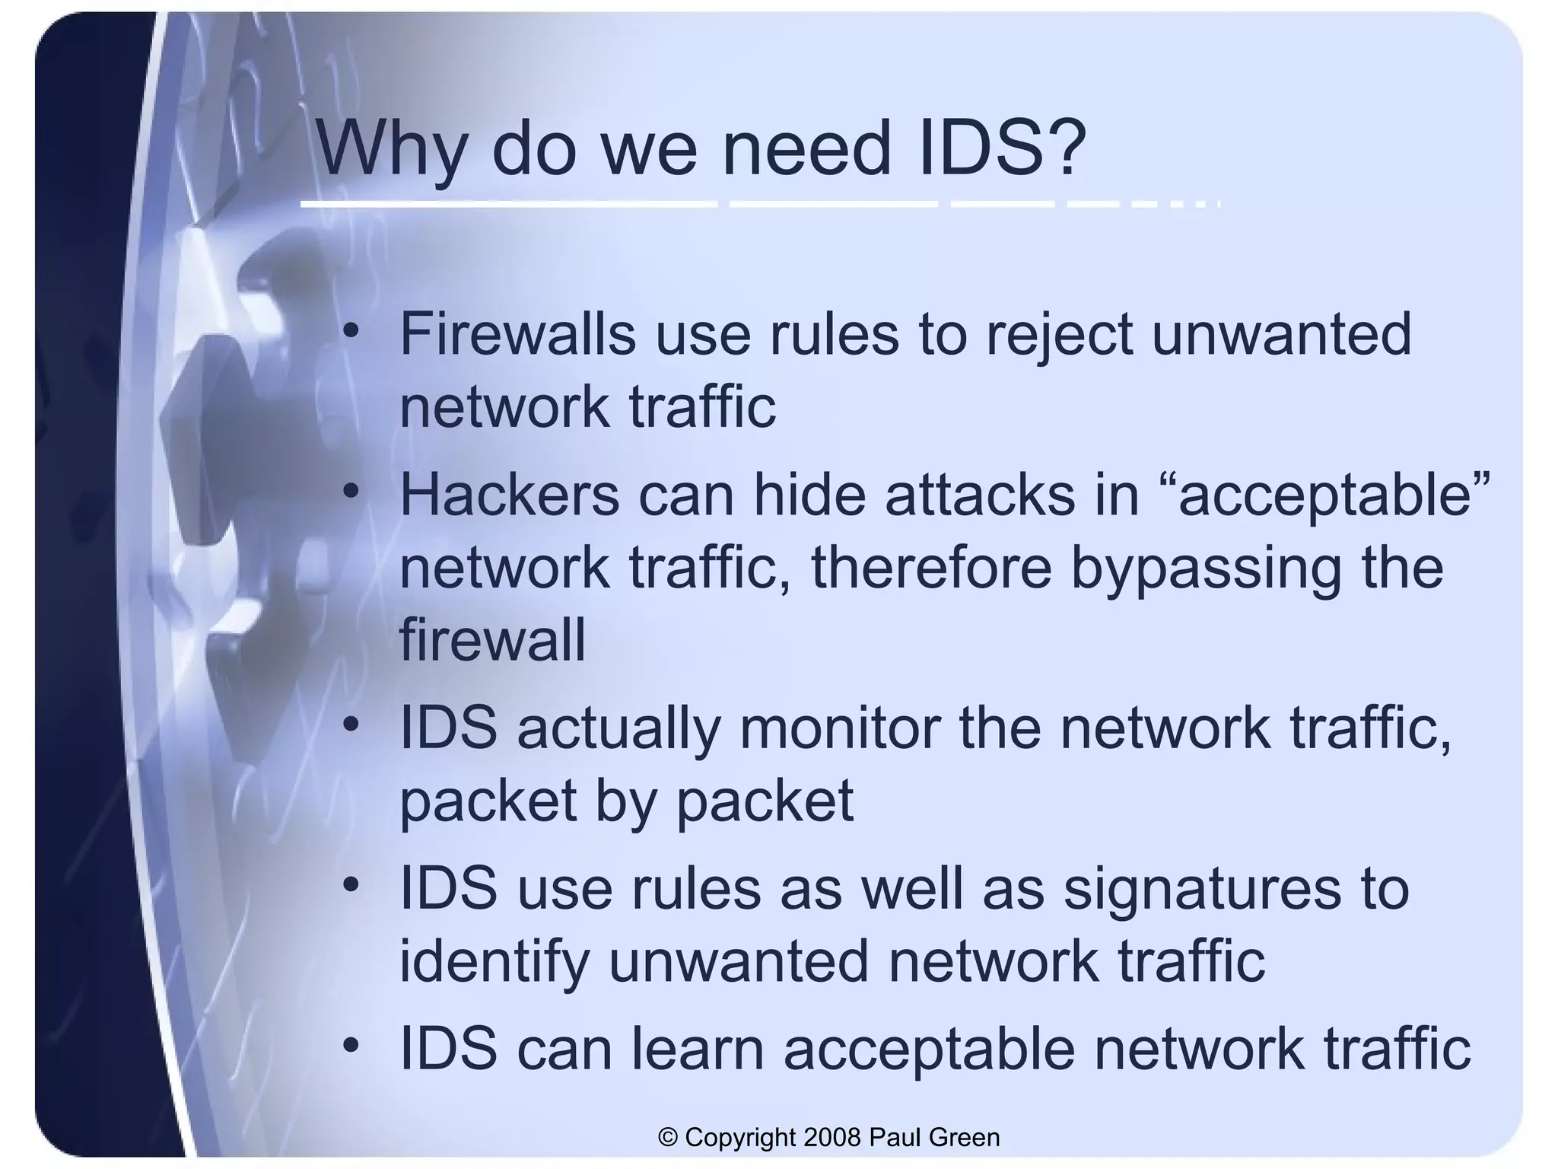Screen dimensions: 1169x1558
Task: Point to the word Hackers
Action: tap(509, 495)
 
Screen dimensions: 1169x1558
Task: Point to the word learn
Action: tap(698, 1049)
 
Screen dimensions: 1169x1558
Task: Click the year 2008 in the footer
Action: tap(831, 1137)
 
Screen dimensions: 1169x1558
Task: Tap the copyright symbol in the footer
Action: tap(668, 1137)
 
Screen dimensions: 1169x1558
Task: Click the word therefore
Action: tap(931, 568)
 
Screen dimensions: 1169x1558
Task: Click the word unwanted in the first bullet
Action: tap(1281, 335)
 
